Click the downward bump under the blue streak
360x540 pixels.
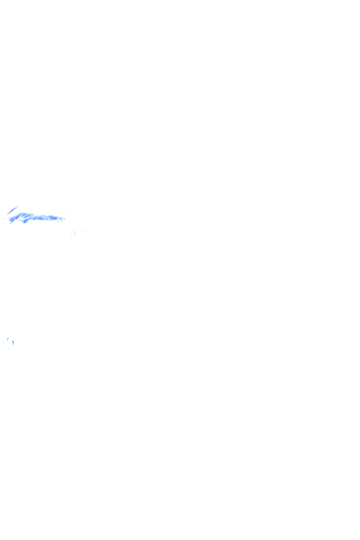(24, 222)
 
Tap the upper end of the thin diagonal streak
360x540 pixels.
(18, 205)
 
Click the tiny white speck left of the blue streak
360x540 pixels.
(4, 218)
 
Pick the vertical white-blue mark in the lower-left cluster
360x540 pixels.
(13, 342)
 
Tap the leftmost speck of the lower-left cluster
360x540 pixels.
(3, 342)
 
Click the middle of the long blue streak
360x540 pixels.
(39, 217)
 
